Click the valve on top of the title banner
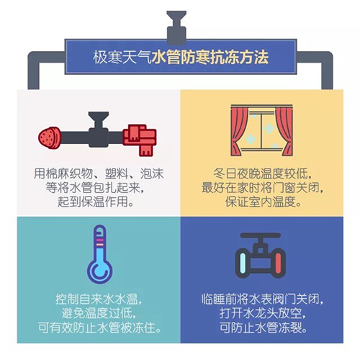point(176,27)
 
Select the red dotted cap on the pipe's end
point(50,138)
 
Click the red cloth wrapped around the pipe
point(140,140)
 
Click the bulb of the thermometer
point(99,271)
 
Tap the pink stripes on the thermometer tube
point(99,242)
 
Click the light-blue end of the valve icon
point(243,264)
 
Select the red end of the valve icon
point(278,264)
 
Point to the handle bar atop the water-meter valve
point(261,235)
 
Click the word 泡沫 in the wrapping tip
point(152,174)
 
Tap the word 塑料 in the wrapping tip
point(117,174)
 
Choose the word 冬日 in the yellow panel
point(225,174)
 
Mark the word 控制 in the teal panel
point(67,300)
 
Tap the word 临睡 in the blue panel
point(213,300)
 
